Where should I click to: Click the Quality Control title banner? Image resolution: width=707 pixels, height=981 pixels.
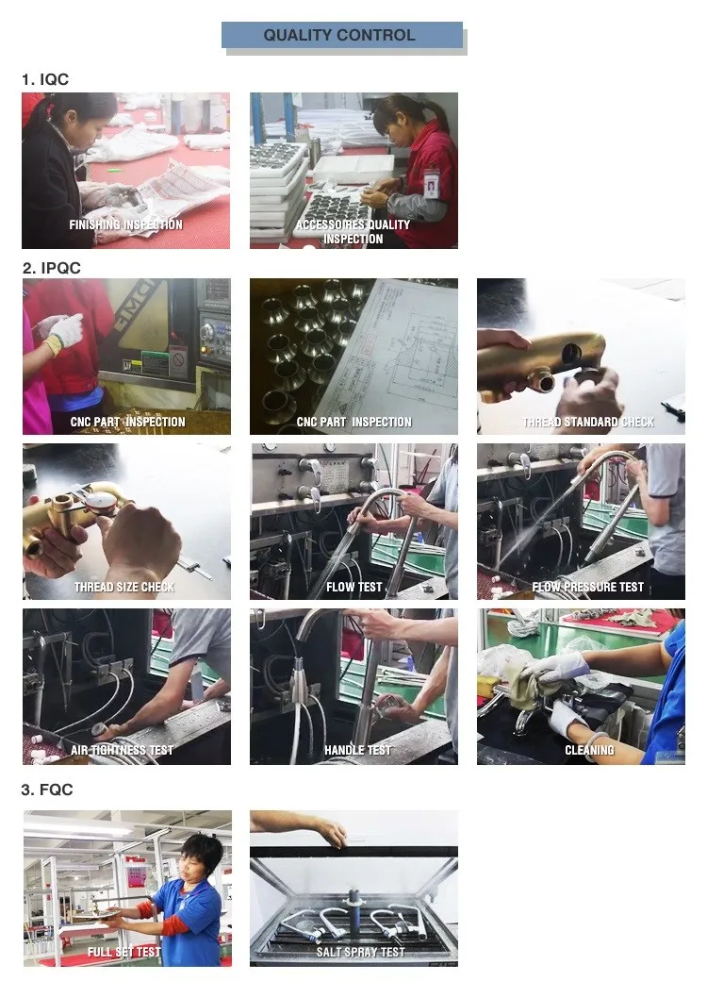click(x=342, y=35)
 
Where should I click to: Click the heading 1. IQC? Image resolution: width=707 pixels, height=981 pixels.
click(x=45, y=79)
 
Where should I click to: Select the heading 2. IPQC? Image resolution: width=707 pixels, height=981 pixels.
click(x=51, y=268)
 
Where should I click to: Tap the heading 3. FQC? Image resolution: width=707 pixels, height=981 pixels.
click(x=47, y=790)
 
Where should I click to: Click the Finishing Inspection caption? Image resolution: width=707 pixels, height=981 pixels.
click(x=125, y=224)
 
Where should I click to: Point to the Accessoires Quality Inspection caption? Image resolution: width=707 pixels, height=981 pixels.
click(x=353, y=231)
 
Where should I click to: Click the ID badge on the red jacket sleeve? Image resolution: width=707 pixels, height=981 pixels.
click(x=431, y=184)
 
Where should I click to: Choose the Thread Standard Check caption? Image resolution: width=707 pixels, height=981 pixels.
click(x=588, y=423)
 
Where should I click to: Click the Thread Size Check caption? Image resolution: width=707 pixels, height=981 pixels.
click(x=124, y=587)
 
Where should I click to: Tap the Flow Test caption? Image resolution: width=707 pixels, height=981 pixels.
click(x=353, y=587)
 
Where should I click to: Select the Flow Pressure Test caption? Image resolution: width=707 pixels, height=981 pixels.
click(x=587, y=587)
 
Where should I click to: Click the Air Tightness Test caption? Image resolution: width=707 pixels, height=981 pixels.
click(x=122, y=750)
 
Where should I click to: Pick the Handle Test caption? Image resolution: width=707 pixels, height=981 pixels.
click(x=357, y=750)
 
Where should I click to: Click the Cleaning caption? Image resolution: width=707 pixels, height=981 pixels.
click(x=589, y=750)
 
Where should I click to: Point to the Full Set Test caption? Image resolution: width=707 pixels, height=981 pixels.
click(x=124, y=952)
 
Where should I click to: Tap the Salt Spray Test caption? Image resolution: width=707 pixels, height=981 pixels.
click(x=361, y=952)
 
